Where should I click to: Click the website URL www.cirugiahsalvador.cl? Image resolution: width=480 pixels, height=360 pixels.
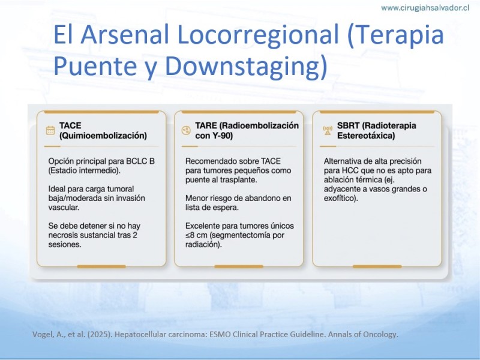(425, 8)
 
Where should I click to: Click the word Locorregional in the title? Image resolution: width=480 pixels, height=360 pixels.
(258, 34)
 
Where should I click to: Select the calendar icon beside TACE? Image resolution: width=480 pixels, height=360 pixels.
(50, 130)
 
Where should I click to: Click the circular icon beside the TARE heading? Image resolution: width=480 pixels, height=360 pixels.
(186, 130)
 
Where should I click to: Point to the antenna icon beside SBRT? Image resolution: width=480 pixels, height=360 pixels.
(328, 130)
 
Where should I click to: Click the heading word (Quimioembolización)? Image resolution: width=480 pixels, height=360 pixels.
(103, 136)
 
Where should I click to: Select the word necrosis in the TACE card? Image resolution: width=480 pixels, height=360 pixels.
(63, 235)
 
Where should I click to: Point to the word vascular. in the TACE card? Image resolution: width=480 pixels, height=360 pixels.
(64, 208)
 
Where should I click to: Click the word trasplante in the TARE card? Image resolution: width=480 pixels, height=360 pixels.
(239, 179)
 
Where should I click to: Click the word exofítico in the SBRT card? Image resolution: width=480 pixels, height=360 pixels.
(339, 199)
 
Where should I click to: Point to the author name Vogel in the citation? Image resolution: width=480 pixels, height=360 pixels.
(43, 335)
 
